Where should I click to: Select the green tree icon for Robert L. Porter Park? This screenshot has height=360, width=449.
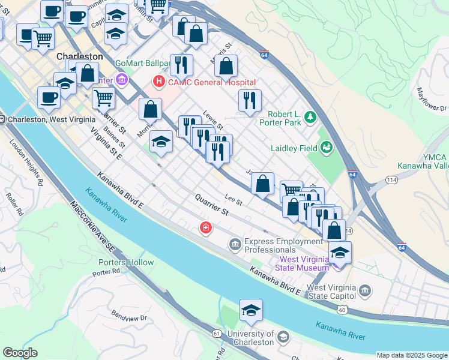(x=310, y=116)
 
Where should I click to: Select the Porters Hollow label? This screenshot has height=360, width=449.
(x=126, y=262)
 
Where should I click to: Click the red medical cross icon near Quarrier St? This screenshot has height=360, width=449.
(x=206, y=228)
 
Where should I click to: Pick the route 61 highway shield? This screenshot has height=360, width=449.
(x=217, y=332)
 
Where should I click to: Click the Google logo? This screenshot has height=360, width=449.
(x=20, y=353)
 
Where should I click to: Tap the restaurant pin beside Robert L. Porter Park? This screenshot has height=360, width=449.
(x=250, y=100)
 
